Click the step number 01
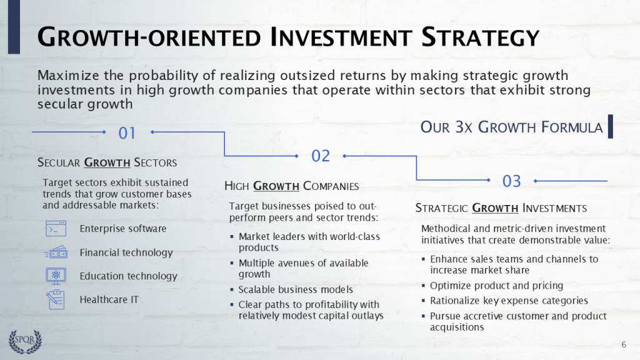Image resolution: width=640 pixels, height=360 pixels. tap(126, 133)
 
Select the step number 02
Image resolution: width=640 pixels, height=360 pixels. tap(321, 156)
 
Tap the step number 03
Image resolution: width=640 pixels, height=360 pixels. tap(511, 181)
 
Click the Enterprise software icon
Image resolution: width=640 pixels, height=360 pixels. tap(56, 229)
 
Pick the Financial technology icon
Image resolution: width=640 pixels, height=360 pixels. tap(56, 252)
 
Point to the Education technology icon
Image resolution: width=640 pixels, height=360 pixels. tap(56, 276)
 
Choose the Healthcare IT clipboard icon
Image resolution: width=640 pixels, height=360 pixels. tap(56, 299)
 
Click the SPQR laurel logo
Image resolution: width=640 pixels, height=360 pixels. tap(25, 342)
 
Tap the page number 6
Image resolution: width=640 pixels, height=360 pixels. tap(624, 344)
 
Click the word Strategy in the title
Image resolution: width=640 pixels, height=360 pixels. tap(481, 37)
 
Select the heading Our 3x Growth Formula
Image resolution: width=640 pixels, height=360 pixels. tap(511, 127)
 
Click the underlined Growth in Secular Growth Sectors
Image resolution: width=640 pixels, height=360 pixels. tap(107, 162)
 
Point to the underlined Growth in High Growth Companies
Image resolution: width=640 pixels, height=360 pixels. tap(276, 186)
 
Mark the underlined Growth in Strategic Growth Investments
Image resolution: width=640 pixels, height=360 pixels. tap(495, 208)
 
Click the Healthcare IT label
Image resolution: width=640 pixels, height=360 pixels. tap(109, 299)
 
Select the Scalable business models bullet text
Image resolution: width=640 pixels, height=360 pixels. tap(296, 289)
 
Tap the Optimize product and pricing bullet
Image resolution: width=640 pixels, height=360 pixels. tap(497, 286)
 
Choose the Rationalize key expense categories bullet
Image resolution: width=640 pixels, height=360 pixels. tap(509, 301)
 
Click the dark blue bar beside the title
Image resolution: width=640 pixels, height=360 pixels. tap(14, 27)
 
